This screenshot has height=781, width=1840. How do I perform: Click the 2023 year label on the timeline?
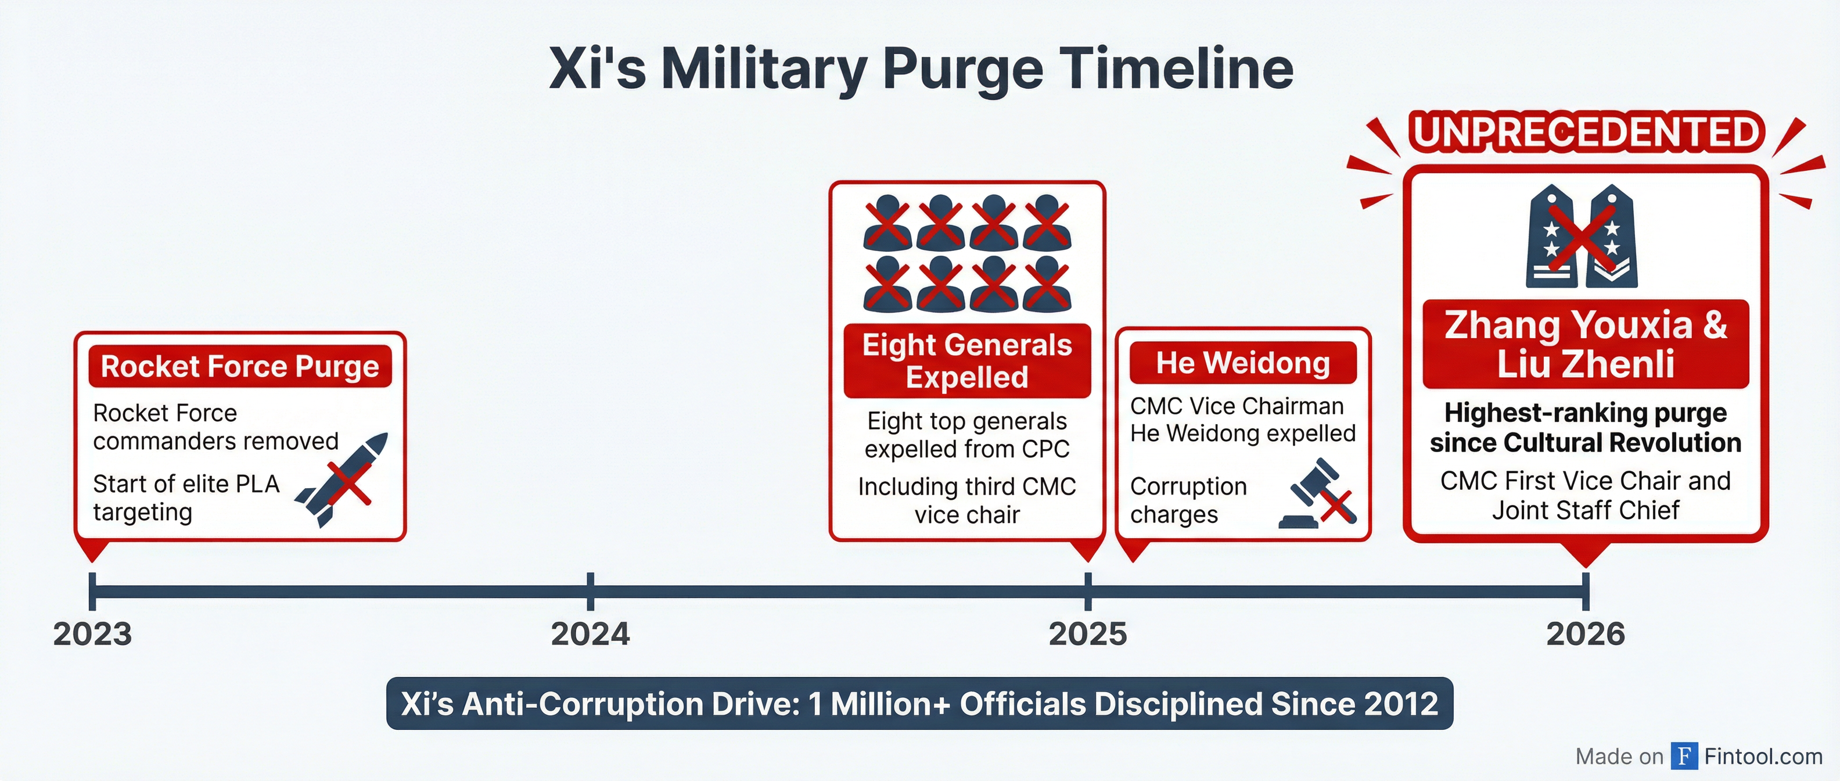pyautogui.click(x=92, y=634)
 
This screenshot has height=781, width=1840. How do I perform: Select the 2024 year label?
pyautogui.click(x=590, y=634)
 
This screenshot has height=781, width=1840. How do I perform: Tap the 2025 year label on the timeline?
pyautogui.click(x=1087, y=634)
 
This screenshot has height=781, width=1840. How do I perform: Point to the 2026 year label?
pyautogui.click(x=1585, y=634)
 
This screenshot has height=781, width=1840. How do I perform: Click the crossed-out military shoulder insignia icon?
pyautogui.click(x=1582, y=236)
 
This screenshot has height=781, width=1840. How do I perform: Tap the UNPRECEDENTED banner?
pyautogui.click(x=1586, y=132)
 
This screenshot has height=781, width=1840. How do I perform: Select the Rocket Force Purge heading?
pyautogui.click(x=240, y=367)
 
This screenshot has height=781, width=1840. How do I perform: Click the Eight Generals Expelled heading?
pyautogui.click(x=967, y=361)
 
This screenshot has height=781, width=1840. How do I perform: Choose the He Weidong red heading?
pyautogui.click(x=1243, y=363)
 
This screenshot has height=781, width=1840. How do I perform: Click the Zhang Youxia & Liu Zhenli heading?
pyautogui.click(x=1586, y=343)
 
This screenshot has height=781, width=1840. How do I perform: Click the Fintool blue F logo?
pyautogui.click(x=1684, y=755)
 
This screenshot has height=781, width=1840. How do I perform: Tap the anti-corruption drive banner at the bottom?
pyautogui.click(x=919, y=704)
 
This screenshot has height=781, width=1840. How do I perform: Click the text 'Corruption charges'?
pyautogui.click(x=1188, y=500)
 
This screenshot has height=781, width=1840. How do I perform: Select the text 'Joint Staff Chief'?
pyautogui.click(x=1586, y=510)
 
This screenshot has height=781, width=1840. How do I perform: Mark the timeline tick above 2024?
pyautogui.click(x=590, y=591)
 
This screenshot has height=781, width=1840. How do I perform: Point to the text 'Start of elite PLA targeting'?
pyautogui.click(x=186, y=498)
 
